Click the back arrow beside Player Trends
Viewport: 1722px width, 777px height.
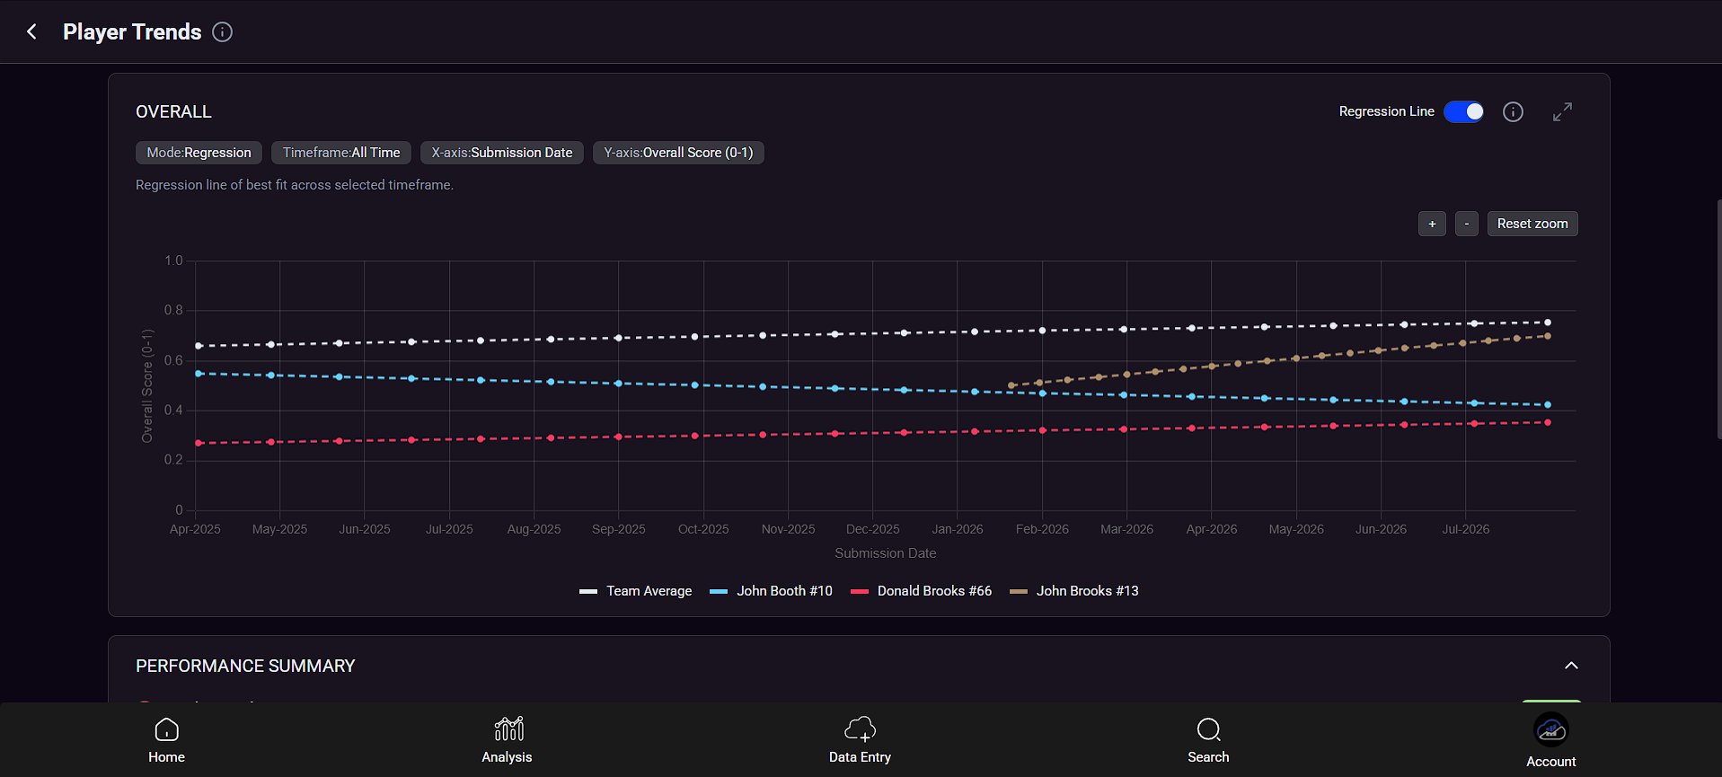point(31,32)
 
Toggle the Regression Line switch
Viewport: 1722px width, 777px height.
point(1463,111)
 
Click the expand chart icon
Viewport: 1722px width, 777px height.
point(1562,111)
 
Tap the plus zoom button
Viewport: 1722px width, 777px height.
point(1432,224)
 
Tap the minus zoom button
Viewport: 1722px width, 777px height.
point(1466,224)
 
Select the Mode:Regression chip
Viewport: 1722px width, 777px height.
point(199,153)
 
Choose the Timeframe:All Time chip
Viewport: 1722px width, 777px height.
point(341,153)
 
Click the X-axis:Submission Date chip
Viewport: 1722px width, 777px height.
point(502,153)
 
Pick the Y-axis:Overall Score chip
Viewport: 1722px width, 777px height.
point(678,153)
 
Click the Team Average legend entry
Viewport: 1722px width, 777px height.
point(636,591)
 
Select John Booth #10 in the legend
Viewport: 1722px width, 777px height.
point(771,591)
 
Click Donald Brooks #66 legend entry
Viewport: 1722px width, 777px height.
point(921,591)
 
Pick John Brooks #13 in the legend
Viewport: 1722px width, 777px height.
point(1074,591)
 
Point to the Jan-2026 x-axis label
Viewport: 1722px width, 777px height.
point(958,529)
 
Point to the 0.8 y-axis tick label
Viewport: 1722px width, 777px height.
point(173,310)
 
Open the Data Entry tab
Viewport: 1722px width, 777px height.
point(860,740)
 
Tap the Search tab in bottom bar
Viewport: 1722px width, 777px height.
point(1208,740)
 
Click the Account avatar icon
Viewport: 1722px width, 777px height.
point(1551,730)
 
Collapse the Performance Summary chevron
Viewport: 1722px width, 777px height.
point(1571,666)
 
